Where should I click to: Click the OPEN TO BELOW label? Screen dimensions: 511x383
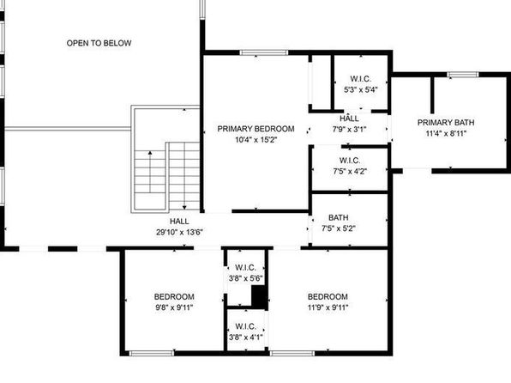point(99,43)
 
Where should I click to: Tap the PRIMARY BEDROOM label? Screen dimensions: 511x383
point(255,129)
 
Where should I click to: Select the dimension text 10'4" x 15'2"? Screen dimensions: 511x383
point(255,140)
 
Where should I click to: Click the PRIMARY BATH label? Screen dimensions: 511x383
point(446,123)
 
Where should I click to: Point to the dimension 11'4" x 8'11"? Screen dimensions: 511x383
point(446,134)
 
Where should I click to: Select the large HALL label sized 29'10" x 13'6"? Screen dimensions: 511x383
point(179,222)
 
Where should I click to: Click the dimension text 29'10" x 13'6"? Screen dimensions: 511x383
point(179,233)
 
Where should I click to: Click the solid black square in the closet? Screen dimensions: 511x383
point(260,297)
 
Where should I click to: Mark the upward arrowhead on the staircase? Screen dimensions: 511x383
point(150,153)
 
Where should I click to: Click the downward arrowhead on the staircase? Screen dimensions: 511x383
point(184,207)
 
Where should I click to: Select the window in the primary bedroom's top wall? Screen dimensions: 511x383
point(264,52)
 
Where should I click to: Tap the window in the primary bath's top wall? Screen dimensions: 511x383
point(463,75)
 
